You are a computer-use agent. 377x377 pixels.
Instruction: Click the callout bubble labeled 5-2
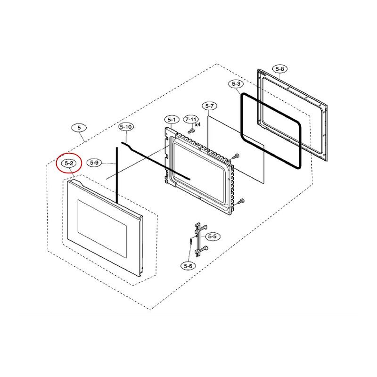point(69,163)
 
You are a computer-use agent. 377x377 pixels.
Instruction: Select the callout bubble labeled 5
point(79,127)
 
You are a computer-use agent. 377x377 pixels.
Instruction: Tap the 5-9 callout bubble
point(95,163)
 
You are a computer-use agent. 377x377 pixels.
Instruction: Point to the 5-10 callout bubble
point(126,127)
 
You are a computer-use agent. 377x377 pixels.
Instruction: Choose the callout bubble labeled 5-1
point(171,119)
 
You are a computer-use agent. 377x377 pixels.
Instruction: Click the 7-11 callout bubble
point(191,120)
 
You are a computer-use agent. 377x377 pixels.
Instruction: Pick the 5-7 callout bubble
point(209,106)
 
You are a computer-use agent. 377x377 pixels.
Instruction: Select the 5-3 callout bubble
point(236,84)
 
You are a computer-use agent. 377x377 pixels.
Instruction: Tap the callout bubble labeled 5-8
point(280,69)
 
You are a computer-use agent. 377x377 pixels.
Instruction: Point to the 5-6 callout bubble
point(188,266)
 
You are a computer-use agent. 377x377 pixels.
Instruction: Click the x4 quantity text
point(198,124)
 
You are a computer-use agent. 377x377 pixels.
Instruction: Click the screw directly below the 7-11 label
point(190,130)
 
